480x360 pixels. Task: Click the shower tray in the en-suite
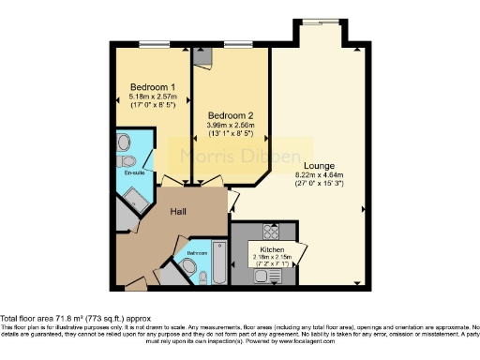137,199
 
